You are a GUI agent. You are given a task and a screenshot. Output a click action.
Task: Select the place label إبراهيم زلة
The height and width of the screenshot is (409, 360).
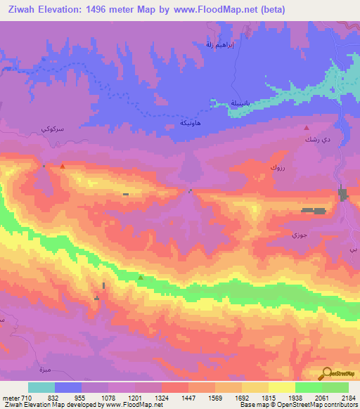(218, 45)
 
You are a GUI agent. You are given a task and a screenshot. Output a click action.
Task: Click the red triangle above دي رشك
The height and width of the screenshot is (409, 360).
(307, 128)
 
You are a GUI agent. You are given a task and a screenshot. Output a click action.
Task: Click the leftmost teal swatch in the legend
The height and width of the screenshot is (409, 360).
(41, 387)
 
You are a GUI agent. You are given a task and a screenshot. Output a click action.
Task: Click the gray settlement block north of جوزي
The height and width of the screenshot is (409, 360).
(314, 210)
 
